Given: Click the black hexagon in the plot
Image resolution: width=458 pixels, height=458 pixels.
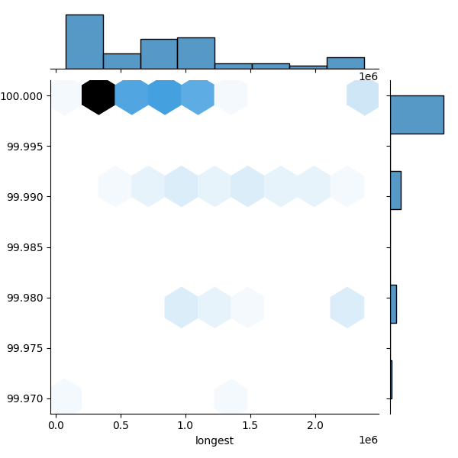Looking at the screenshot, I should pos(98,96).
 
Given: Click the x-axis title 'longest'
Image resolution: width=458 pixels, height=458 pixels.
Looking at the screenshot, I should pos(214,440).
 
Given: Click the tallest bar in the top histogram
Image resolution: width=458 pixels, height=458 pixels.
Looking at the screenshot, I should pos(84,42).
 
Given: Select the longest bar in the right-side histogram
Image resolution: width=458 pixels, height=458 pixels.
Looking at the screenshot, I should pos(417,114).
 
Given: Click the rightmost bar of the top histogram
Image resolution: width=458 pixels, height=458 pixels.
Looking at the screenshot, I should pos(345,63).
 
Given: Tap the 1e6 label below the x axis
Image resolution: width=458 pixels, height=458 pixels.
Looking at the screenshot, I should pos(368,440).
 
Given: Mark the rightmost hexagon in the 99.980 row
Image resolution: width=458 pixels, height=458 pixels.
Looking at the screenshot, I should pos(347,308).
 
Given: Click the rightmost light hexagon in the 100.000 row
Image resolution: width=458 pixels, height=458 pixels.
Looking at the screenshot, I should pos(363,96).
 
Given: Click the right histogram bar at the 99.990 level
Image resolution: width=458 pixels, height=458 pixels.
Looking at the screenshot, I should pos(395,190).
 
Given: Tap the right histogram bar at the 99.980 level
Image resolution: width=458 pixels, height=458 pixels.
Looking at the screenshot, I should pos(393,304).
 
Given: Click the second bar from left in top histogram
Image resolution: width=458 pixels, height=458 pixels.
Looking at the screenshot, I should pos(121,61).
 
